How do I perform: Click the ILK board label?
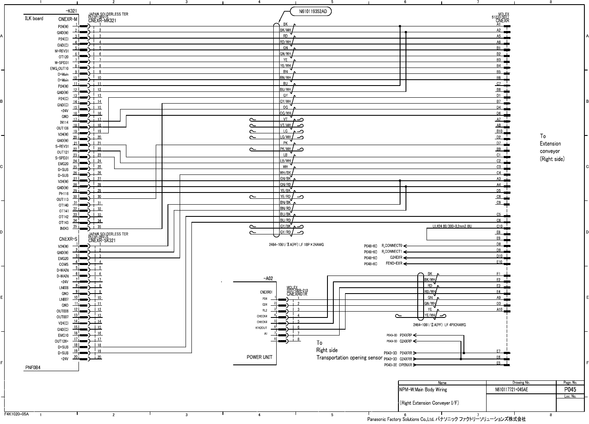tap(34, 18)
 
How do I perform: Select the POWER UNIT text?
tap(259, 357)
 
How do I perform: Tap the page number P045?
tap(570, 390)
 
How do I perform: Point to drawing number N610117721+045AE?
tap(511, 390)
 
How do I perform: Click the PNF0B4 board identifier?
tap(33, 367)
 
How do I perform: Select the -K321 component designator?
tap(71, 10)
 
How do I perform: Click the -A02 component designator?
tap(268, 278)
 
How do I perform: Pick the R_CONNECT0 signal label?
tap(392, 246)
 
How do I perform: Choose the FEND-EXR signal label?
tap(394, 263)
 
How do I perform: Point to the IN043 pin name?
tap(64, 229)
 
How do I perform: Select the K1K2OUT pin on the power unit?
tap(261, 328)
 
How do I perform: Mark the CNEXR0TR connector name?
tap(297, 294)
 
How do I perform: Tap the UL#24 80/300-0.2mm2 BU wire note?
tap(452, 226)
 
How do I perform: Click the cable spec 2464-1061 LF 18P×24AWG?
tap(296, 244)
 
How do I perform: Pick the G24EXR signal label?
tap(396, 258)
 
